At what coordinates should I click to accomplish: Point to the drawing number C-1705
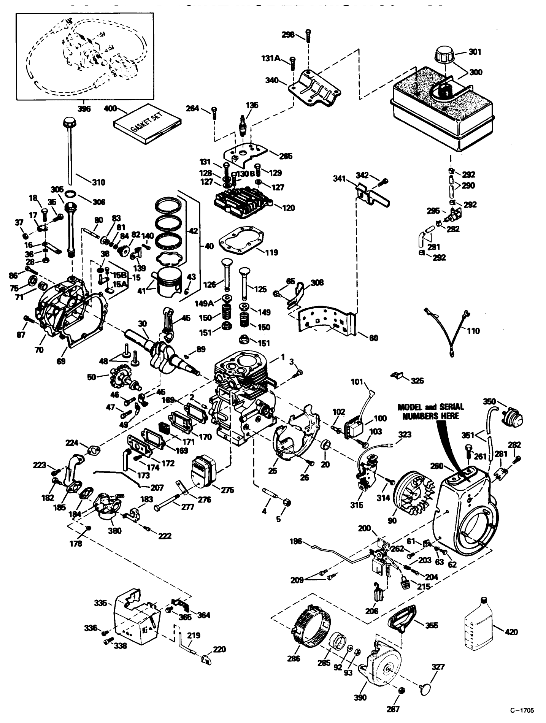tap(522, 710)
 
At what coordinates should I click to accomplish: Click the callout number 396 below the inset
tap(84, 108)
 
